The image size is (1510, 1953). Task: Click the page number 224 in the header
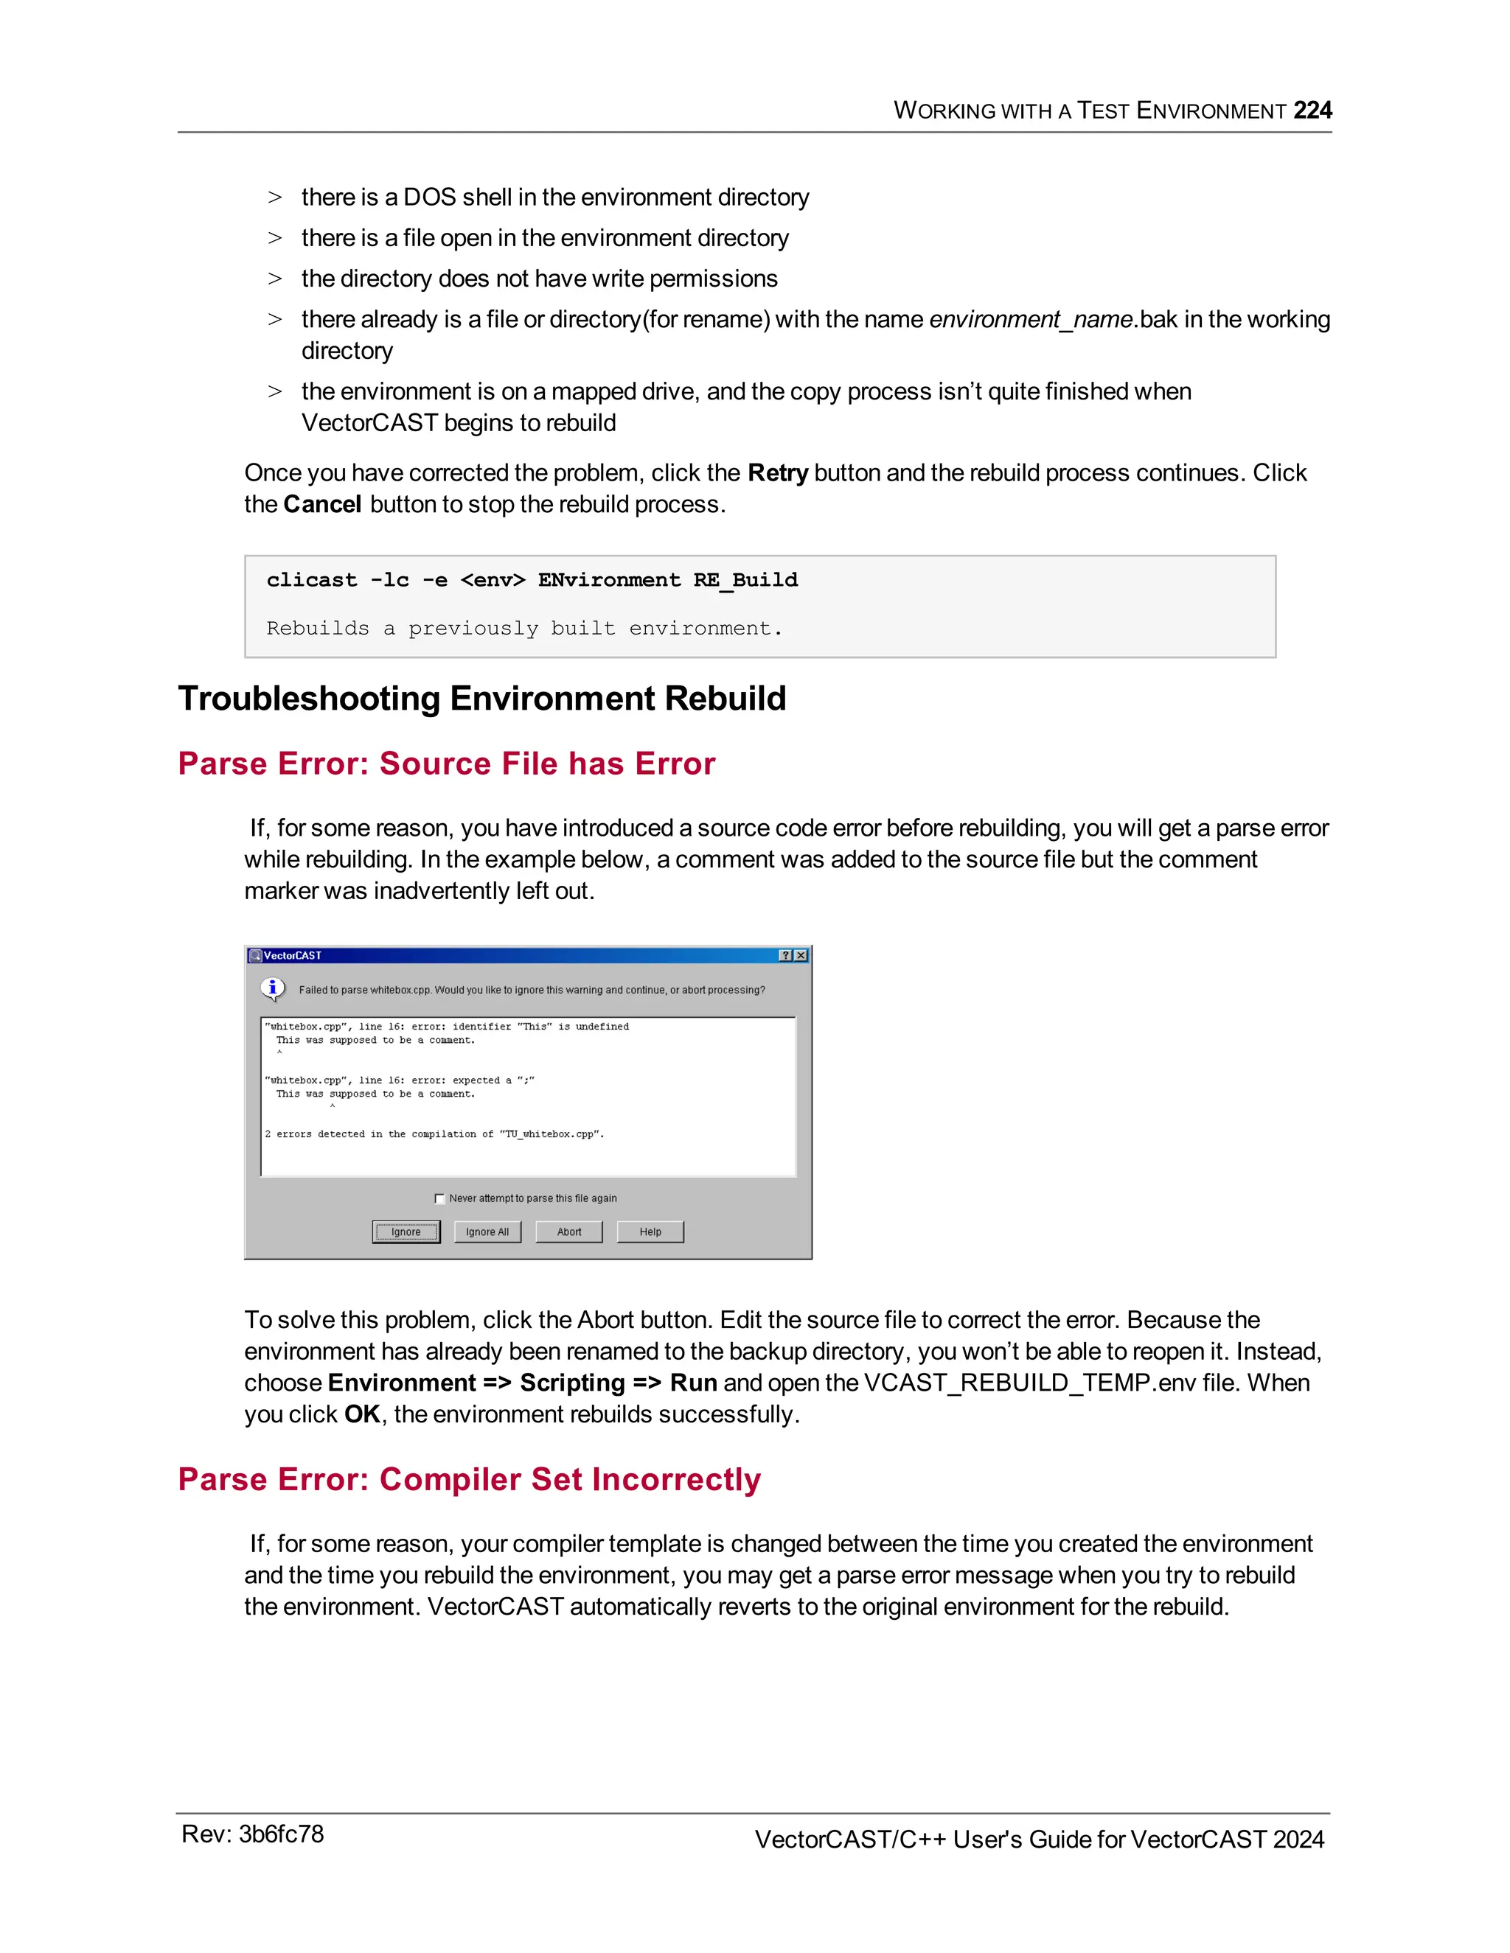tap(1312, 110)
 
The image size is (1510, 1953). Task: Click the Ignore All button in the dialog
tap(487, 1231)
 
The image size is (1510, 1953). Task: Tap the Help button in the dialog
tap(650, 1231)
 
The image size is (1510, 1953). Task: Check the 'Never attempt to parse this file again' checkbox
tap(439, 1198)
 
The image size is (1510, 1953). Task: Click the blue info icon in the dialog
tap(273, 988)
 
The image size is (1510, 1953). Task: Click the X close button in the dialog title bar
tap(801, 955)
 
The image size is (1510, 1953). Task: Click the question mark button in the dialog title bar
tap(785, 955)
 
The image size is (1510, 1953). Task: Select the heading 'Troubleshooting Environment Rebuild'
tap(481, 699)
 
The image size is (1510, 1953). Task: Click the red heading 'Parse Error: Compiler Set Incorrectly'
tap(469, 1479)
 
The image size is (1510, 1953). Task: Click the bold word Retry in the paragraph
tap(777, 473)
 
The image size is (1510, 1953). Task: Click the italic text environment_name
tap(1031, 319)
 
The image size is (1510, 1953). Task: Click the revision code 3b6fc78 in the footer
tap(281, 1834)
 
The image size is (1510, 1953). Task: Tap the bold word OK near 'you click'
tap(361, 1415)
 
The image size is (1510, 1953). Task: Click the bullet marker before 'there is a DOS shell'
tap(274, 198)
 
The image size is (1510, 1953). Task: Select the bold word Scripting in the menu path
tap(572, 1383)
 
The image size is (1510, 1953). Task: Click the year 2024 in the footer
tap(1298, 1840)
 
